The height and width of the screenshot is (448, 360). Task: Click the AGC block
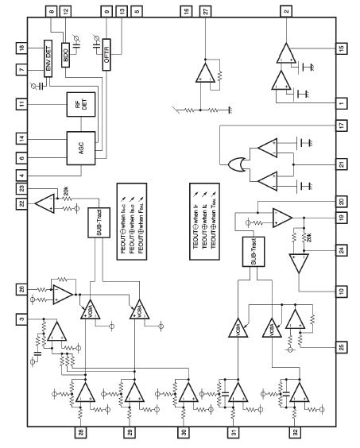[x=81, y=148]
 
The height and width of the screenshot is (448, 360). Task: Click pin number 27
[x=205, y=11]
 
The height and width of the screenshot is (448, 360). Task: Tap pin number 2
[x=285, y=11]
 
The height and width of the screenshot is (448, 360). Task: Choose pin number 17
[x=339, y=125]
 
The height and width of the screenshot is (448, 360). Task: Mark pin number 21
[x=339, y=164]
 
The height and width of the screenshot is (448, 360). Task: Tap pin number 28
[x=80, y=436]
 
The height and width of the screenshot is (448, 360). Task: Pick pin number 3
[x=21, y=319]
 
